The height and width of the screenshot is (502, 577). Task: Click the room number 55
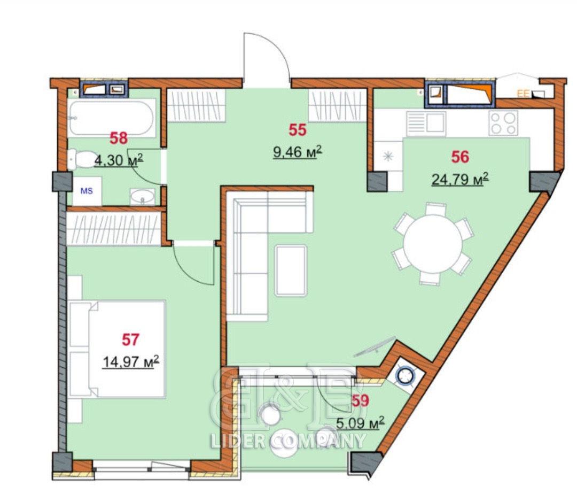tap(298, 130)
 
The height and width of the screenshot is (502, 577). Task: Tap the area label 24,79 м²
tap(460, 180)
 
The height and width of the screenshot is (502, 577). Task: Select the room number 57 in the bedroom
tap(130, 339)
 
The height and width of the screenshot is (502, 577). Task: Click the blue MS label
tap(87, 191)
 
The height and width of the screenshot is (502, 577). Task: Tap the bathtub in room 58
tap(111, 118)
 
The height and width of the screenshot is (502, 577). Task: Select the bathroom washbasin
tap(143, 196)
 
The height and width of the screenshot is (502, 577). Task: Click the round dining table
tap(433, 243)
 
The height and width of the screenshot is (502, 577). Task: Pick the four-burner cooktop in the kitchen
tap(503, 123)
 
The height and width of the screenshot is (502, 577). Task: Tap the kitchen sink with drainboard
tap(426, 122)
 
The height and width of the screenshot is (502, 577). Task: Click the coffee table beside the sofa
tap(291, 271)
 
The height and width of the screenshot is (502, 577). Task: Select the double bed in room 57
tap(117, 349)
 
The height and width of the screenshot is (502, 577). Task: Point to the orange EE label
tap(523, 94)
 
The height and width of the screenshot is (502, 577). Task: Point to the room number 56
tap(460, 157)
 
